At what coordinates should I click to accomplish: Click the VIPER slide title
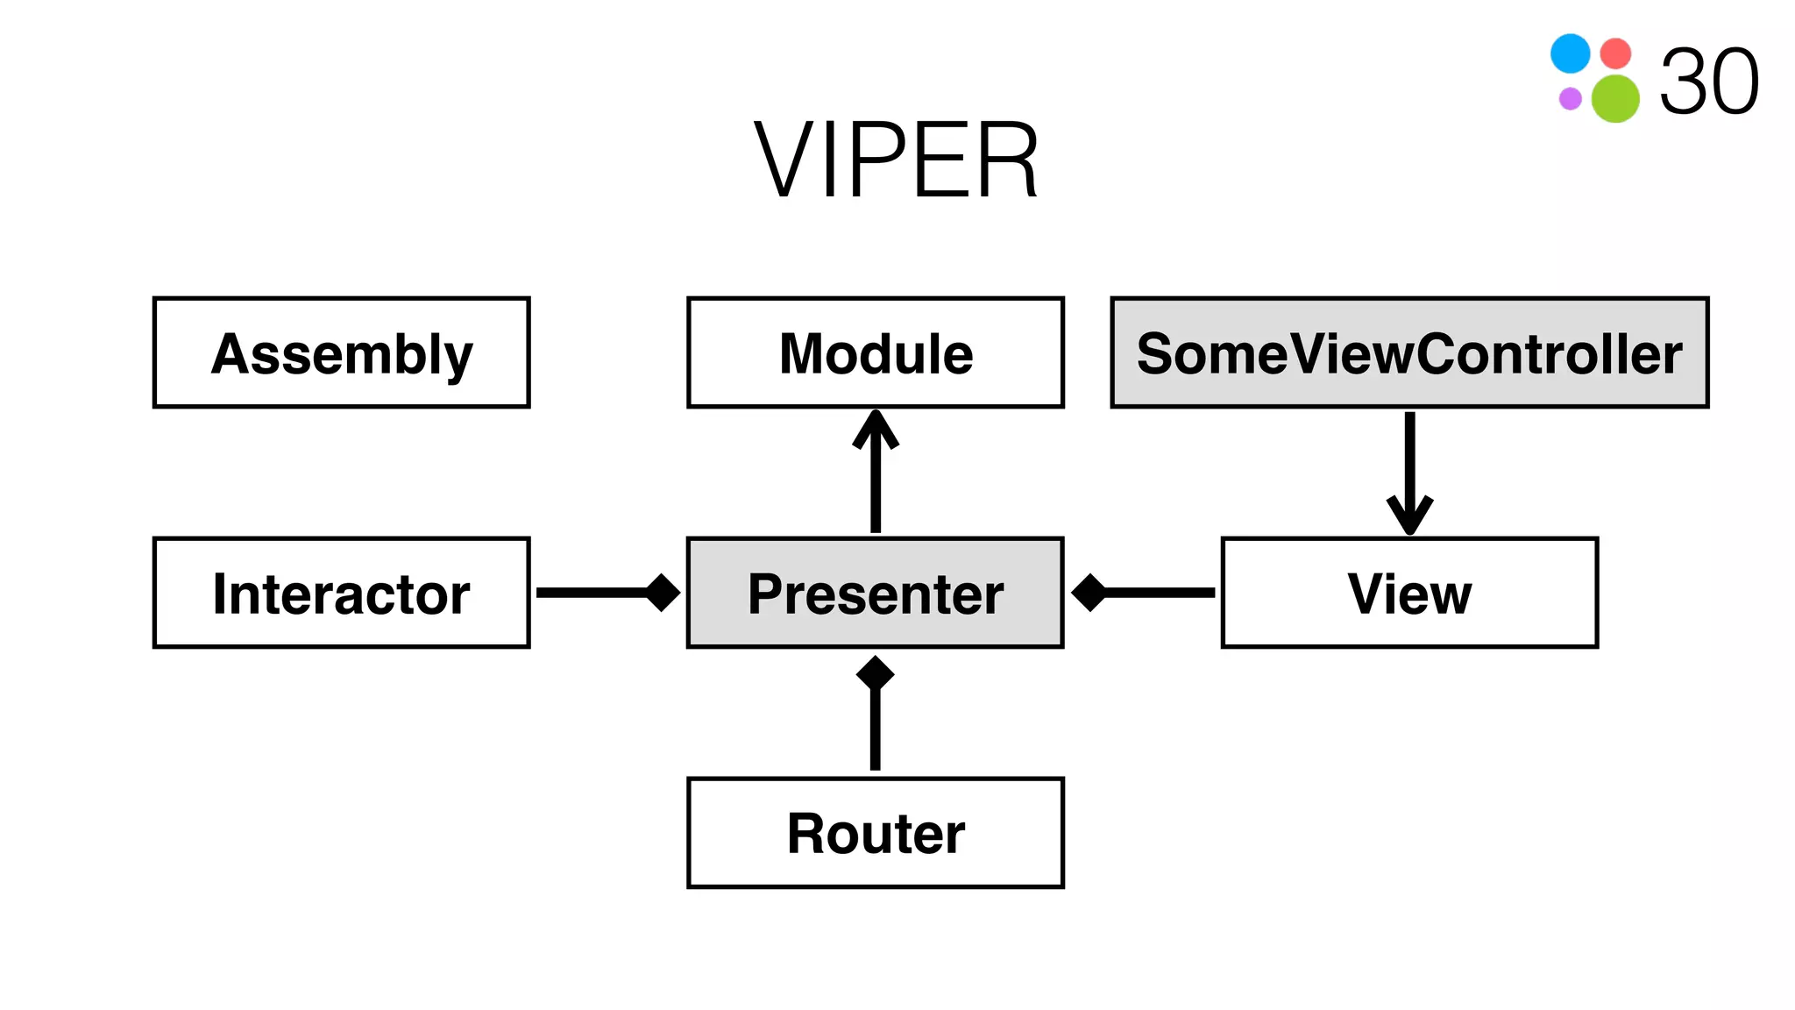coord(896,161)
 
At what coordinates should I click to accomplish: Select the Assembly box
coord(342,352)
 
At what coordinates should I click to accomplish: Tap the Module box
coord(876,352)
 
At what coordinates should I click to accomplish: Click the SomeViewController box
coord(1409,352)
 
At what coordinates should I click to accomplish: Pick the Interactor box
coord(342,593)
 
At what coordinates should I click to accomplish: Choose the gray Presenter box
coord(876,593)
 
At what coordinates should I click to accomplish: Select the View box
coord(1409,593)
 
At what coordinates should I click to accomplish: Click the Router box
coord(876,832)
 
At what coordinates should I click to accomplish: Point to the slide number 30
coord(1709,82)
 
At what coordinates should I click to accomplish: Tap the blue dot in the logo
coord(1570,53)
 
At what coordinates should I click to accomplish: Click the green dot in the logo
coord(1615,98)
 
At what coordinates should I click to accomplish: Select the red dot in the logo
coord(1615,53)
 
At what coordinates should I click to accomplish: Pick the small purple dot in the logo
coord(1570,98)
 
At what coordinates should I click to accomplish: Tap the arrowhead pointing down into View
coord(1409,516)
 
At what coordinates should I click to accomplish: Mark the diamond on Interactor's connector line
coord(663,593)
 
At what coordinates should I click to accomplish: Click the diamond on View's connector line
coord(1089,593)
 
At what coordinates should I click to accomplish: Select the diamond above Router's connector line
coord(876,673)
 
